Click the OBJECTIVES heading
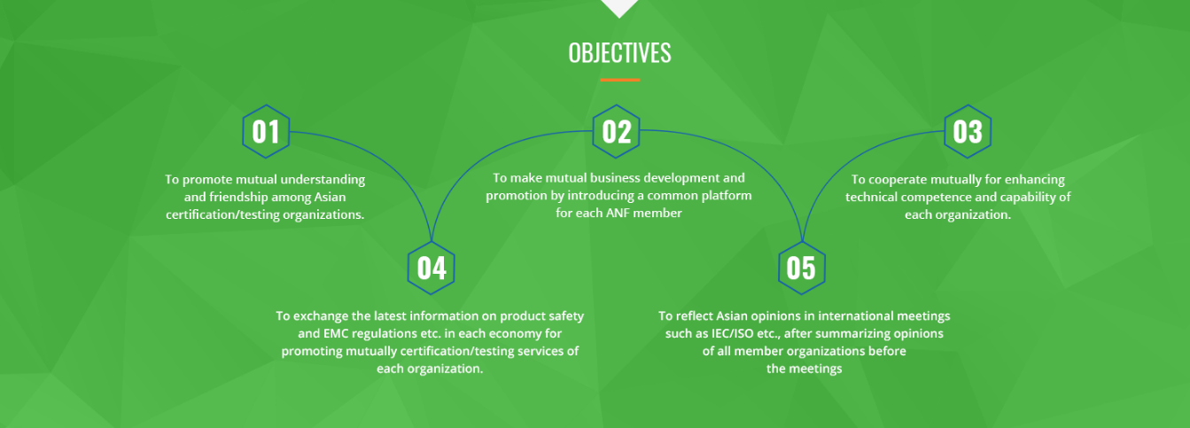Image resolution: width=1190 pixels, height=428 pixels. (x=619, y=52)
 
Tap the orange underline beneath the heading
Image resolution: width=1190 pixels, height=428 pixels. (x=620, y=80)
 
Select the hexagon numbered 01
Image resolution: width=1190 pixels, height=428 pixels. (x=266, y=131)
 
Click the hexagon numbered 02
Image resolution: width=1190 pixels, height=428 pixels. (x=616, y=131)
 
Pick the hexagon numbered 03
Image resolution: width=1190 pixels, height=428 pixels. (x=968, y=131)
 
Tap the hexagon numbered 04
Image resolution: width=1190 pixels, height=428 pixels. (x=431, y=268)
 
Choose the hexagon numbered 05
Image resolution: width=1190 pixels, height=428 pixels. (x=801, y=268)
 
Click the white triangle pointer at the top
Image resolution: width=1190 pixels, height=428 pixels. (x=619, y=7)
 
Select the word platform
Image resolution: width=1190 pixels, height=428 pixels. (x=727, y=196)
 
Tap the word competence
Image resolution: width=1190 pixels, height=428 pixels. (x=934, y=197)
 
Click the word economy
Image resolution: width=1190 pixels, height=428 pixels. (x=508, y=334)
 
